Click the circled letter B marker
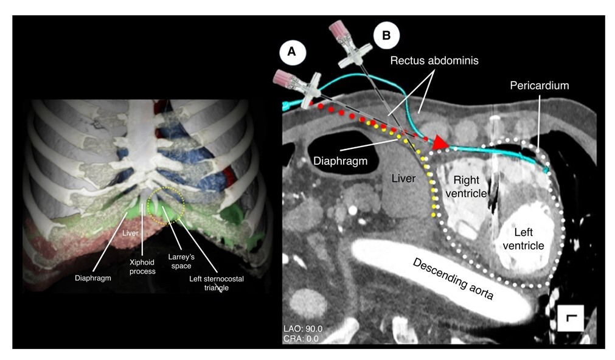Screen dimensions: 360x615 386,35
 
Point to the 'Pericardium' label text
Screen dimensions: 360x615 539,86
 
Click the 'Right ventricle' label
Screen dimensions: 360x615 467,186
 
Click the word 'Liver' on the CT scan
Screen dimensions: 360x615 405,179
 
